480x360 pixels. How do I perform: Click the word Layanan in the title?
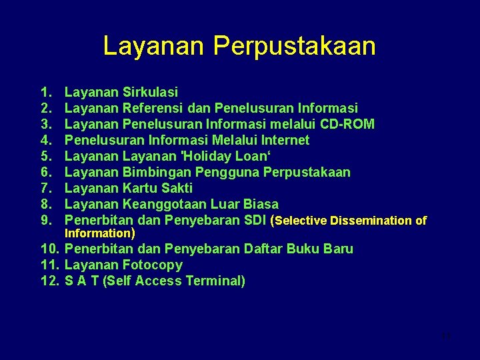155,46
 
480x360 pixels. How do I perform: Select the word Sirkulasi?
151,92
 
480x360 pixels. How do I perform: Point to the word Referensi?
153,108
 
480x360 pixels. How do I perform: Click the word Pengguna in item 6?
225,172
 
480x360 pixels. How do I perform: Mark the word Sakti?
177,188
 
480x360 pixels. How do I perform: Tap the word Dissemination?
370,221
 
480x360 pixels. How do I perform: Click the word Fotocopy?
153,265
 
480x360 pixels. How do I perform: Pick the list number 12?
50,281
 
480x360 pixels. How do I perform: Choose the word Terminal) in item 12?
215,281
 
